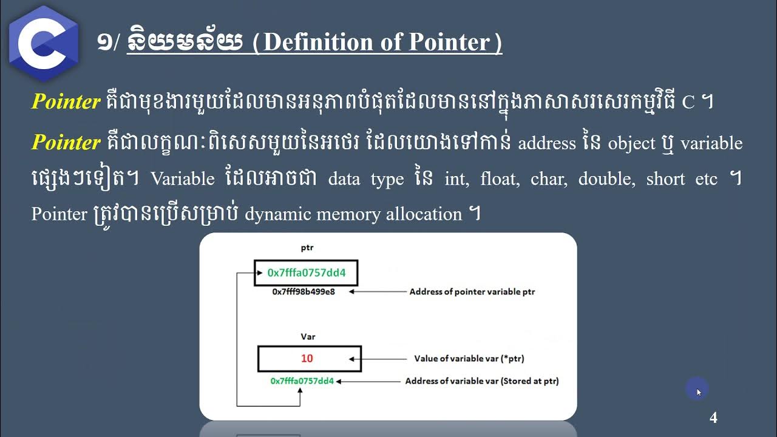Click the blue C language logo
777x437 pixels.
tap(43, 42)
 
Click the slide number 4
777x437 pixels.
tap(713, 418)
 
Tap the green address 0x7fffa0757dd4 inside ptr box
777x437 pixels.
tap(307, 273)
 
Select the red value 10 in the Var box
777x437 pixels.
tap(307, 359)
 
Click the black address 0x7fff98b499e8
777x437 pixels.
tap(304, 292)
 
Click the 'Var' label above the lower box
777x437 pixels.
tap(308, 336)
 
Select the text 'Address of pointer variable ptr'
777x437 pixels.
tap(472, 292)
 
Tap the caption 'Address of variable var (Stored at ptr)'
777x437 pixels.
tap(482, 381)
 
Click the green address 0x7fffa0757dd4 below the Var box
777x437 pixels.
tap(302, 381)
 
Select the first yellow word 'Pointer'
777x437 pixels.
tap(66, 102)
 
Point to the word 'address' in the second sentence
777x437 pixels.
tap(546, 143)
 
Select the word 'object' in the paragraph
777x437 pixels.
tap(632, 143)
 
